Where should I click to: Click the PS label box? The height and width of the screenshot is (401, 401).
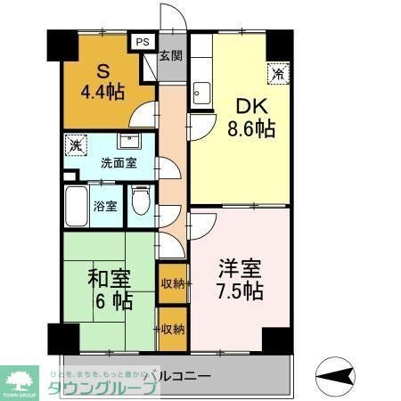[143, 40]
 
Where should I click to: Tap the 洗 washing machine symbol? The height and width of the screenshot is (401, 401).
[75, 144]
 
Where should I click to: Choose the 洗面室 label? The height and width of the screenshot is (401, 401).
[118, 165]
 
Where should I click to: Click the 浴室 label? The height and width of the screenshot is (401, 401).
[105, 206]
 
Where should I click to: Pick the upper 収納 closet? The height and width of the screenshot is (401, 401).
[172, 283]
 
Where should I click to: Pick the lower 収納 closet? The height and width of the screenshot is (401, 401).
[172, 328]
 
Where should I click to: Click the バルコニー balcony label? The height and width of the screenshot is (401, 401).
[178, 374]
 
